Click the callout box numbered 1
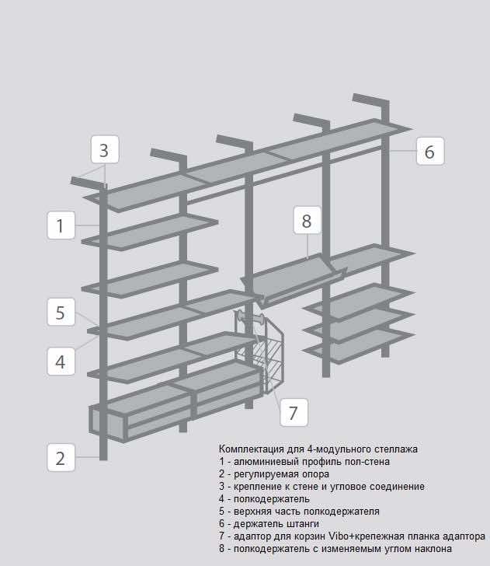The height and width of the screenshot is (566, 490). (61, 225)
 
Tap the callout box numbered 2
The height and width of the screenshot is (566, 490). (61, 457)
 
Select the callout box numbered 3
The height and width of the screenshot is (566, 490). (105, 149)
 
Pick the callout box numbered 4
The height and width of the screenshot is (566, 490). (61, 362)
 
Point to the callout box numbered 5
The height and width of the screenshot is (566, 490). (61, 313)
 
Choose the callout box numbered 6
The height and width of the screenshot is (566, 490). (430, 152)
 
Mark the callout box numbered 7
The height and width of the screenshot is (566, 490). (294, 413)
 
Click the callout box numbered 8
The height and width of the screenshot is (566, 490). (307, 220)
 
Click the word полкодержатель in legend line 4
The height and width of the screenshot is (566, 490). (272, 499)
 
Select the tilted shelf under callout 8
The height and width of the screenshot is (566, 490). (294, 280)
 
